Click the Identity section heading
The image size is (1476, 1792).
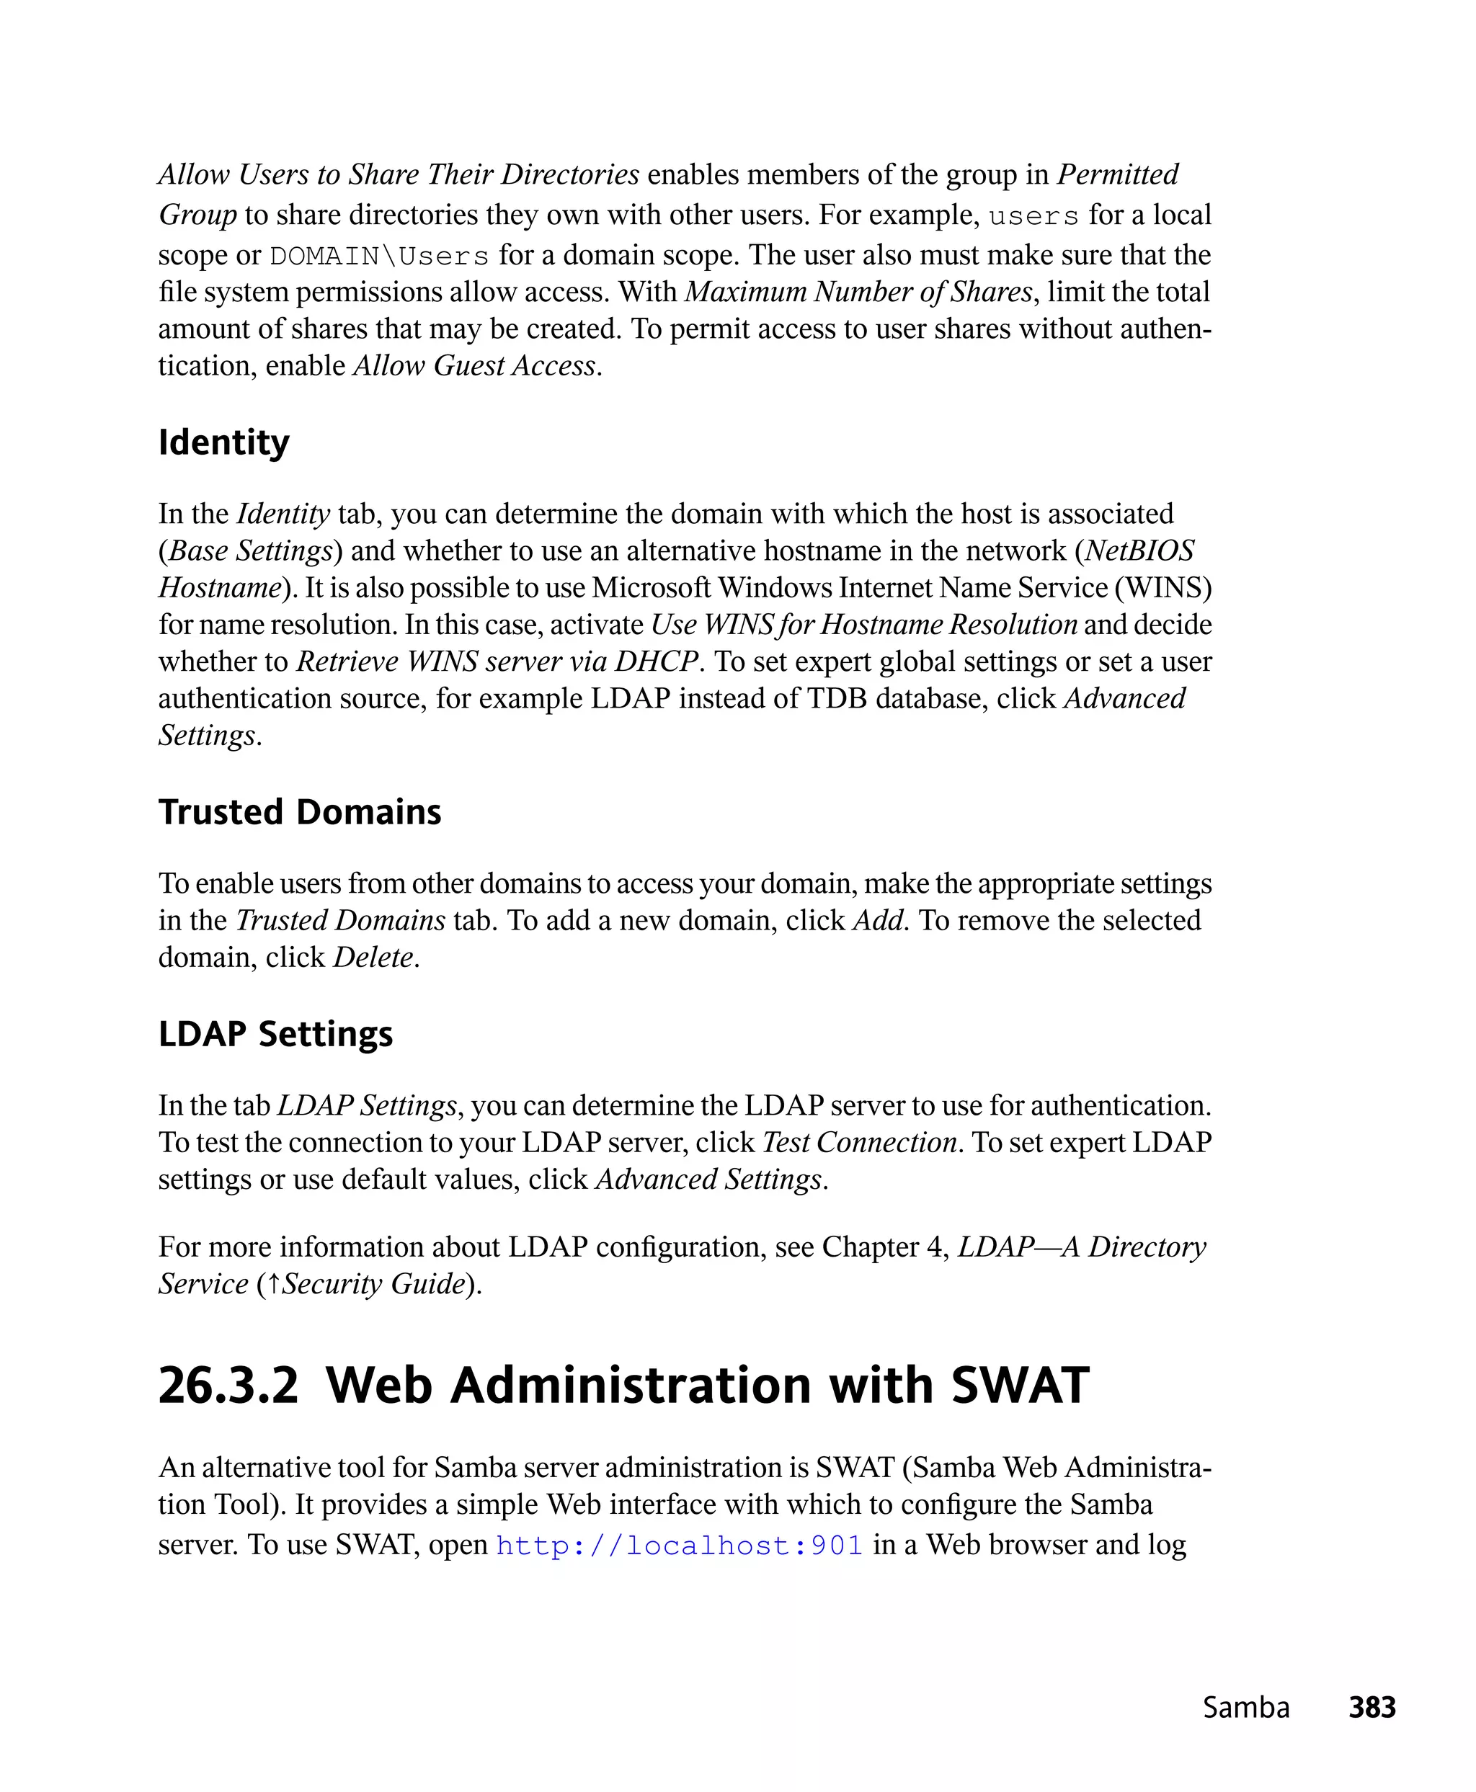[x=223, y=443]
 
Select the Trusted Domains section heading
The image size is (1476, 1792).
[x=299, y=813]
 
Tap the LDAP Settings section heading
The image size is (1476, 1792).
[x=275, y=1035]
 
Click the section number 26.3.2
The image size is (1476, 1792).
[x=228, y=1386]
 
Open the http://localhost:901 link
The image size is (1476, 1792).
[x=680, y=1546]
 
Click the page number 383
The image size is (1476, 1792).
[x=1371, y=1708]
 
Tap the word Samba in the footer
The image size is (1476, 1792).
[x=1245, y=1708]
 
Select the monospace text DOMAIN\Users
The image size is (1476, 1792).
[x=379, y=256]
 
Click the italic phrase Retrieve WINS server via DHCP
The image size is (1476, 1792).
[x=497, y=661]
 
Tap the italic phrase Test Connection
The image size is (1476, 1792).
[x=860, y=1143]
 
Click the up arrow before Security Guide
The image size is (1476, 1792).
[x=274, y=1283]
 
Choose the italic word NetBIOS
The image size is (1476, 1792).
[x=1139, y=551]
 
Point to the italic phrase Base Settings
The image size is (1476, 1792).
[x=250, y=551]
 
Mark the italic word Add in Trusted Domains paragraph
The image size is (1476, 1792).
[x=877, y=921]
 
